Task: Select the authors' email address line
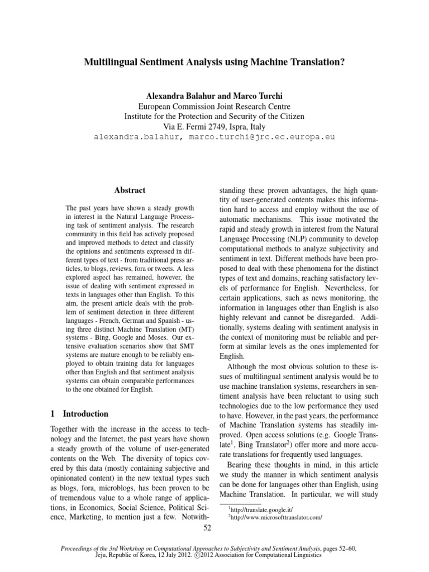(214, 136)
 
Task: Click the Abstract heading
(130, 190)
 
